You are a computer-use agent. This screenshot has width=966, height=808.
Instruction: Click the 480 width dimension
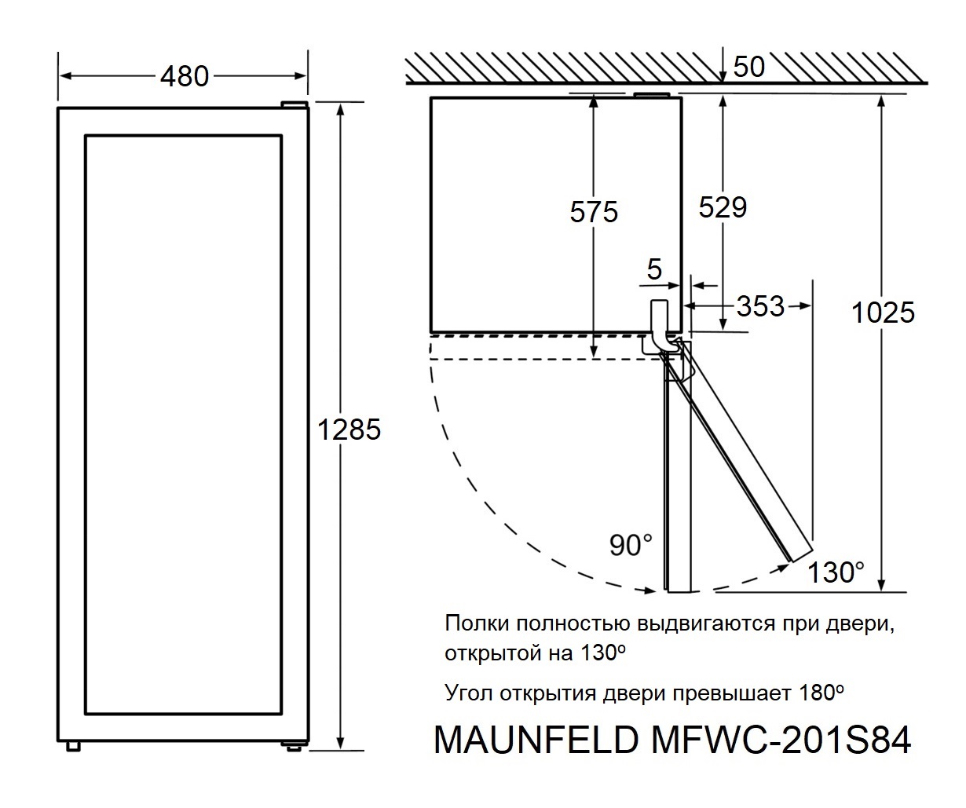[185, 76]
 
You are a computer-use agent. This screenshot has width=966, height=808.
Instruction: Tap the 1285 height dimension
[349, 430]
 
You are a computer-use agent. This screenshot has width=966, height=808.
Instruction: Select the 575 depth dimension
[595, 212]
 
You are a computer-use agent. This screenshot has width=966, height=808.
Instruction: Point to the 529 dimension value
[723, 207]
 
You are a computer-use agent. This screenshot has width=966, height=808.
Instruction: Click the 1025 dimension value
[884, 313]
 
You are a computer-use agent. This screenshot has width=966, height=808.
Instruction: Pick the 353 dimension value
[760, 306]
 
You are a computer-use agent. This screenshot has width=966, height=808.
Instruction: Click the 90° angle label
[631, 545]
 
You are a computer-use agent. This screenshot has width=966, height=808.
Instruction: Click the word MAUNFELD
[534, 740]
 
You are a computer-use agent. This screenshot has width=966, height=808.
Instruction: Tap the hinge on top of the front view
[295, 104]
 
